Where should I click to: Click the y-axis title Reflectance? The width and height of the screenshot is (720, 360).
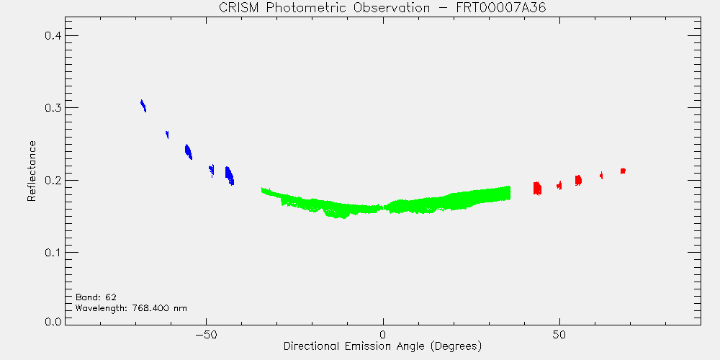click(31, 171)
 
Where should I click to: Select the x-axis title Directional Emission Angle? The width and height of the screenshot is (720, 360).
click(382, 346)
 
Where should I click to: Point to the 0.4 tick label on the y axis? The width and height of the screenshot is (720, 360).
click(53, 36)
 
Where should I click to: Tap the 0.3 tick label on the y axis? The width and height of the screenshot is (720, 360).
click(53, 108)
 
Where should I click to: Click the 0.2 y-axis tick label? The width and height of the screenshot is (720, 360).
click(53, 180)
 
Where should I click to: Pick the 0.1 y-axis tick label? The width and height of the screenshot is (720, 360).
click(53, 253)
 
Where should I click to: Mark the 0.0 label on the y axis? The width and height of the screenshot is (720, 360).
click(53, 321)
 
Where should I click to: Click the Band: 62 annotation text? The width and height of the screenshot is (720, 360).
click(92, 297)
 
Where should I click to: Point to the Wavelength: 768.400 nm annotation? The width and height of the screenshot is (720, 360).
click(131, 308)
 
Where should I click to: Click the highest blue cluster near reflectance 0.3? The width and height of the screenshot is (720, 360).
click(143, 106)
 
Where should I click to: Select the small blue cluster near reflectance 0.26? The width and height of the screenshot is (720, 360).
click(167, 134)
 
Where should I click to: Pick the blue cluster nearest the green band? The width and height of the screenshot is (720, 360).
click(229, 176)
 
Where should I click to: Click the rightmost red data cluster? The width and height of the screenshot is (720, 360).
click(623, 171)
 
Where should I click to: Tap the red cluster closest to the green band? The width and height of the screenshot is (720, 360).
click(537, 188)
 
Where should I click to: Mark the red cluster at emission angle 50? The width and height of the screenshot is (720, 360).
click(559, 185)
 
